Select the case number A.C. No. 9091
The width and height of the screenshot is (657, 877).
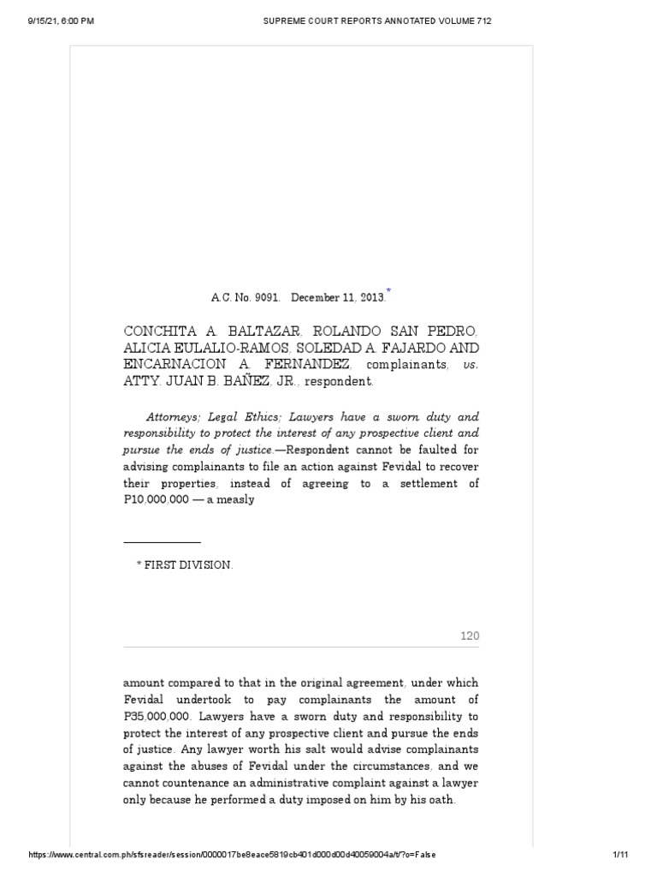(246, 298)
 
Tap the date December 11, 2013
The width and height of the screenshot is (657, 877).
(337, 298)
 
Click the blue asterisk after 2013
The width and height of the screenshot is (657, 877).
(388, 292)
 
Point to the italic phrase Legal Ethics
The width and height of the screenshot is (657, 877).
(246, 417)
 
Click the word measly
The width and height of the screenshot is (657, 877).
(235, 499)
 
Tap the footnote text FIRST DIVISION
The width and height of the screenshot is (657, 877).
(184, 566)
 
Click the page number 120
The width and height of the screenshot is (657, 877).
(471, 635)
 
